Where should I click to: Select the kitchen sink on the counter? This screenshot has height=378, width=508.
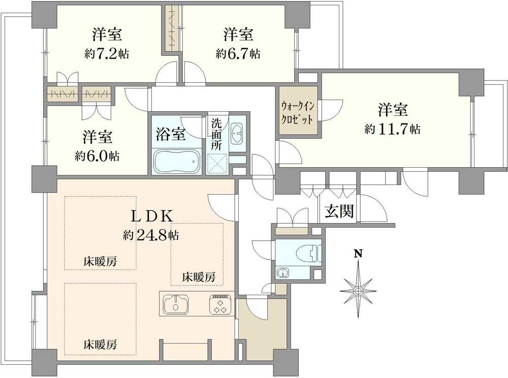click(x=176, y=304)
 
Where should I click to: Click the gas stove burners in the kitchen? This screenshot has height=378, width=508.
click(x=219, y=304)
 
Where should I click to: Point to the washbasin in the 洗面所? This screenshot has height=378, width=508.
click(x=237, y=133)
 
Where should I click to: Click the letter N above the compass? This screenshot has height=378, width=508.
click(x=358, y=253)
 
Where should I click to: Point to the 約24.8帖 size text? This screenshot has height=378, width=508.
click(x=150, y=235)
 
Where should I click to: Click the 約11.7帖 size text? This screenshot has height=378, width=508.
click(x=392, y=129)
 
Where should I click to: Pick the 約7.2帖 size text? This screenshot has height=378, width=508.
click(x=107, y=53)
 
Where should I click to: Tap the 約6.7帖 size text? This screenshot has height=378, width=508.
click(x=238, y=53)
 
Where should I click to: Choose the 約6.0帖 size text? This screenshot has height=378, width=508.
click(x=98, y=156)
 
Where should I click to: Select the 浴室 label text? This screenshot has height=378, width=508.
click(x=171, y=135)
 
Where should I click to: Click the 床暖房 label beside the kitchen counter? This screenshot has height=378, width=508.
click(x=199, y=277)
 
